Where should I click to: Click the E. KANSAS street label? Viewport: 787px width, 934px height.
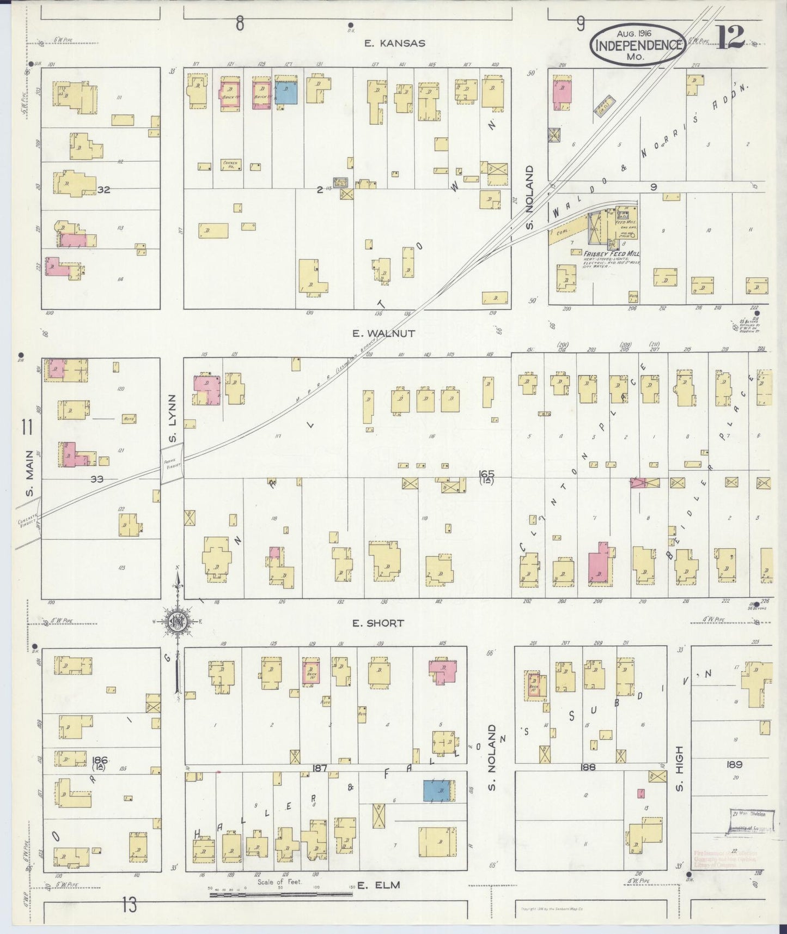(395, 43)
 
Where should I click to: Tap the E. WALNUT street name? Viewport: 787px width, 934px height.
(383, 333)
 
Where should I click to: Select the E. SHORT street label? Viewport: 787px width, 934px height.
(377, 623)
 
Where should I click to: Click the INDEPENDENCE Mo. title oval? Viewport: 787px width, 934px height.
(637, 46)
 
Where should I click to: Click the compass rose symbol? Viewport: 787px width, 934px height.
(178, 622)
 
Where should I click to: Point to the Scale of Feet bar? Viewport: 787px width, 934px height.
(280, 893)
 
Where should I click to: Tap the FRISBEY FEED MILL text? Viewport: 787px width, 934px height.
(611, 254)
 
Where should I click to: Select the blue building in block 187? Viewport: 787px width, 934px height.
(440, 791)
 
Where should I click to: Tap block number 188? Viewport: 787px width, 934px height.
(588, 767)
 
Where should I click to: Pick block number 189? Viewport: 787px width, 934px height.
(734, 765)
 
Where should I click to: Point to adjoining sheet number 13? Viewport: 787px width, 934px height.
(129, 906)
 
